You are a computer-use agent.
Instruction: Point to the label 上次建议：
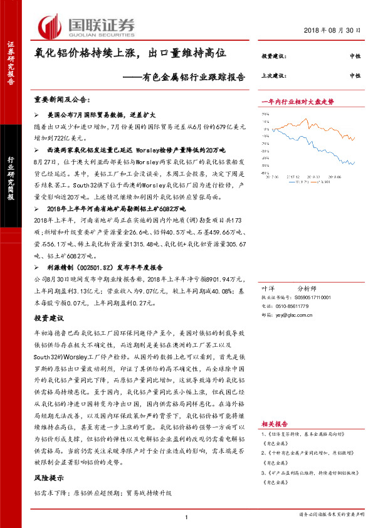point(274,75)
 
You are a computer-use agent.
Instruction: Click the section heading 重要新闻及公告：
point(62,100)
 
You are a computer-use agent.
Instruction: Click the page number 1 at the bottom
point(187,517)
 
